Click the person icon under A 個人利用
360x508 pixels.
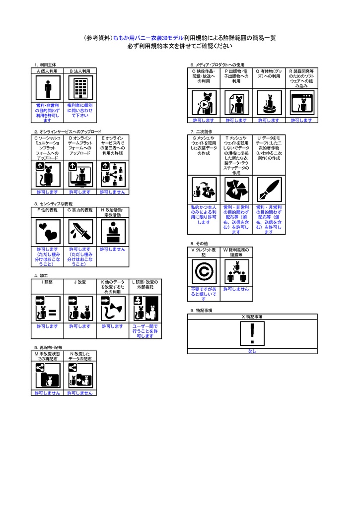click(x=48, y=89)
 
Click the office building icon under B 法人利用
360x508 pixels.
click(x=80, y=89)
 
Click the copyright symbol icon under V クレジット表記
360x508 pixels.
click(x=204, y=272)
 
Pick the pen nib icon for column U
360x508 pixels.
click(x=269, y=190)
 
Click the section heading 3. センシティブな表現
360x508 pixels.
click(x=54, y=203)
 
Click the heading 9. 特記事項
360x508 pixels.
click(x=202, y=310)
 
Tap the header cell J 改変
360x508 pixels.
click(x=80, y=282)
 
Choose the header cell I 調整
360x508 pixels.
click(x=48, y=282)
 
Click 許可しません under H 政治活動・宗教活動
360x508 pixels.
click(x=113, y=249)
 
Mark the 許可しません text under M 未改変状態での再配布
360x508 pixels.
click(x=48, y=393)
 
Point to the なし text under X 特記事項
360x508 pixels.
click(x=252, y=351)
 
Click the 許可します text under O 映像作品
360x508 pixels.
click(x=204, y=120)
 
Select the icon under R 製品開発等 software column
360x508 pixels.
click(x=301, y=103)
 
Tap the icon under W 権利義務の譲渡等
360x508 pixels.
click(x=236, y=272)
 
